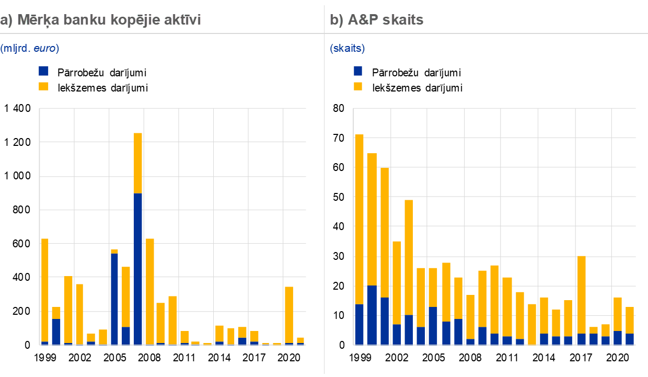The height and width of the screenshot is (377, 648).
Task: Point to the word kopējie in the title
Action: tap(131, 20)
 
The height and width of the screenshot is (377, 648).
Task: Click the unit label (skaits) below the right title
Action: tap(347, 48)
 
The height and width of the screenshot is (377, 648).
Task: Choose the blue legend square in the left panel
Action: tap(44, 71)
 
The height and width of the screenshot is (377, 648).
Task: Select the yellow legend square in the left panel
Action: tap(44, 86)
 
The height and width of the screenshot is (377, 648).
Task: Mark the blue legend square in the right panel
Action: tap(358, 71)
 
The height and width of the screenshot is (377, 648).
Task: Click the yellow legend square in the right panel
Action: tap(358, 86)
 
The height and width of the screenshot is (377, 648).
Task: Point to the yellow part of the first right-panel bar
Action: tap(359, 220)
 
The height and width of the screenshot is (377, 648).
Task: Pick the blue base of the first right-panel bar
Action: tap(359, 325)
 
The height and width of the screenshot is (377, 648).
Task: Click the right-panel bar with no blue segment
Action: tap(532, 324)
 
